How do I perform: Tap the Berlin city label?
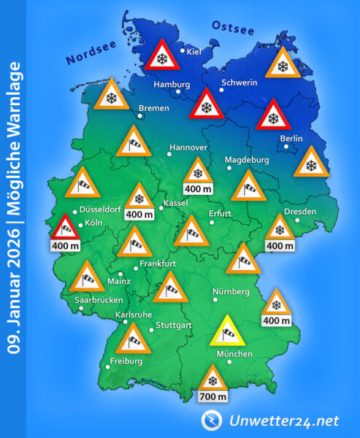[291, 138]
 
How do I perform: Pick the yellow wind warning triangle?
[227, 332]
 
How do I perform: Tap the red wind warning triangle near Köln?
[66, 230]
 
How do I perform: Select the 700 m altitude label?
[212, 397]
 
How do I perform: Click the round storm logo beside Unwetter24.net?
[212, 419]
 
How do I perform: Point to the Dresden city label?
[301, 212]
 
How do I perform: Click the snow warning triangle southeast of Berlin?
[310, 164]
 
